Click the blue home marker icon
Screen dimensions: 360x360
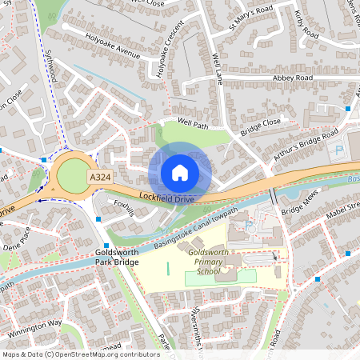179,173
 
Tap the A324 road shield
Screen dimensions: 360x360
100,177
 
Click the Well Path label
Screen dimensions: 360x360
193,124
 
